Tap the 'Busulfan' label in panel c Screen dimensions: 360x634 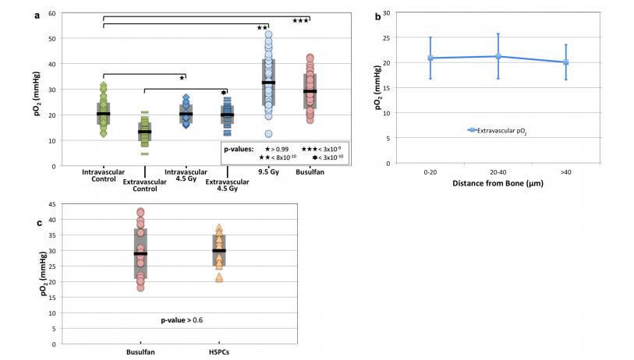(x=140, y=351)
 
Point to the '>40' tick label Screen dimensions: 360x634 (x=565, y=172)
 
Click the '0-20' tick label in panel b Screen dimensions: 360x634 (x=430, y=172)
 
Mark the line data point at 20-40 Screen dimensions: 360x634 (x=498, y=56)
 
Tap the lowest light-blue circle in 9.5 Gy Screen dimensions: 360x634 (x=268, y=134)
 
